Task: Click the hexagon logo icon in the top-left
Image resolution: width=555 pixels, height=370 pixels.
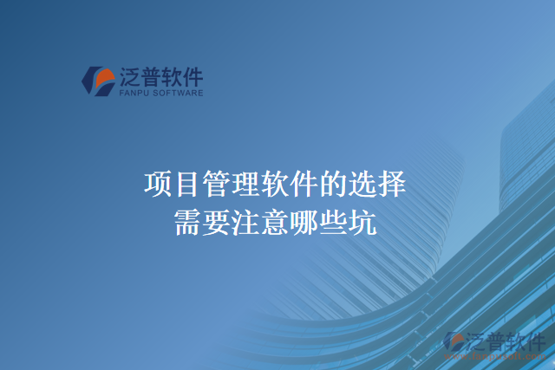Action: pos(98,81)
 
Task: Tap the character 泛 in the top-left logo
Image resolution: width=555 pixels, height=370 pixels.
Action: pos(131,76)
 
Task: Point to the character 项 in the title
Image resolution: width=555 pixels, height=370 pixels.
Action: pos(158,185)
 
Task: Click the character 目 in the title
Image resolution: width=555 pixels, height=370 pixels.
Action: pos(186,185)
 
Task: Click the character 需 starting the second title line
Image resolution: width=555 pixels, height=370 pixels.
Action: pos(187,222)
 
